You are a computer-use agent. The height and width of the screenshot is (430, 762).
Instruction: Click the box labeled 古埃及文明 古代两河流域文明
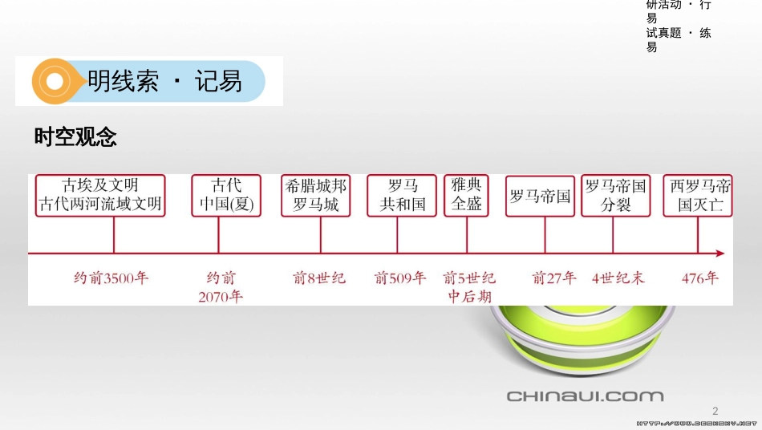point(100,196)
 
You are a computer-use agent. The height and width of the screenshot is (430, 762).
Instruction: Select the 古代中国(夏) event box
point(226,196)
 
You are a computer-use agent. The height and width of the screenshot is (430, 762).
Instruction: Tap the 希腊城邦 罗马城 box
point(315,196)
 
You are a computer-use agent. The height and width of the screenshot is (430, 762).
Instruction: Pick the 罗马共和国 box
point(402,196)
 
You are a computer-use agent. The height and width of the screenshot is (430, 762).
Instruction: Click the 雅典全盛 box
point(466,196)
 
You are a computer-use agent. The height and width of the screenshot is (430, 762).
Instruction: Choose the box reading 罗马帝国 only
point(540,196)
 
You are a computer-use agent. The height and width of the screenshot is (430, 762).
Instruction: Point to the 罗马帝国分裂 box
point(614,196)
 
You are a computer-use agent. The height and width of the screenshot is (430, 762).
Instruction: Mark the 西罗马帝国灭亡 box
point(698,196)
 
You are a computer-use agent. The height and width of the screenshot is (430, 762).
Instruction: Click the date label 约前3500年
point(111,278)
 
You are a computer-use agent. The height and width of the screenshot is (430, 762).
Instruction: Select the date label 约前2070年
point(221,287)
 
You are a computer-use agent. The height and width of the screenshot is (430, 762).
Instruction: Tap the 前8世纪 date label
point(319,278)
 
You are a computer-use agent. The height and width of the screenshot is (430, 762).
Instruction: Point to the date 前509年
point(400,278)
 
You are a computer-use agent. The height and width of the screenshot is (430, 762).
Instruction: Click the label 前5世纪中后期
point(470,287)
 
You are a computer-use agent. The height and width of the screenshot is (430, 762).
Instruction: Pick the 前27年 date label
point(554,278)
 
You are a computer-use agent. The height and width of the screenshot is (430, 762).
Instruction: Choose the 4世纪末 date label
point(618,278)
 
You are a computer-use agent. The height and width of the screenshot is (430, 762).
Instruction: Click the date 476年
point(700,278)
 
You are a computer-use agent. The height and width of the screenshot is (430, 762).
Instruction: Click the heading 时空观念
point(75,137)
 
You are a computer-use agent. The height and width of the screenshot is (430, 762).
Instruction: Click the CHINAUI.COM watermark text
point(585,396)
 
